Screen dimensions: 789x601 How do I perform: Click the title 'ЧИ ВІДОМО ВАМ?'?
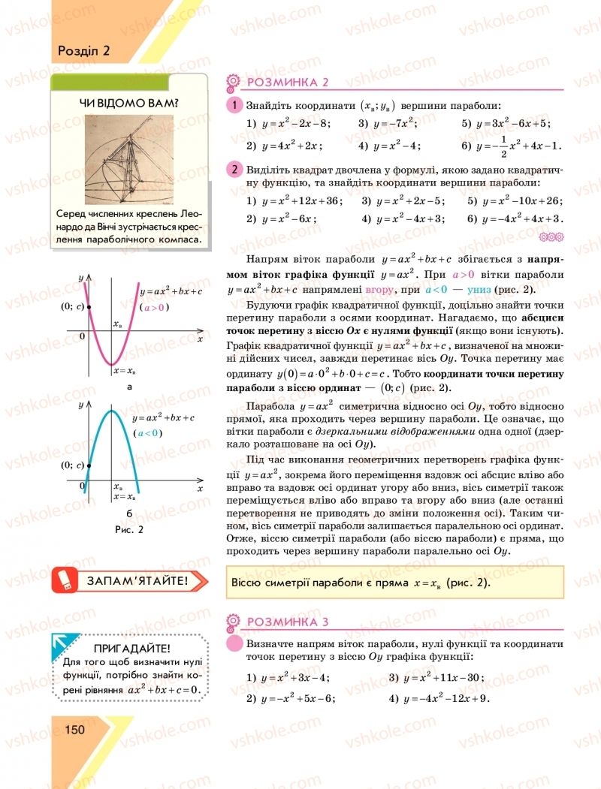pyautogui.click(x=129, y=103)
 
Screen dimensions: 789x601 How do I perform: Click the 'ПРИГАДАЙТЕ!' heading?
pyautogui.click(x=134, y=648)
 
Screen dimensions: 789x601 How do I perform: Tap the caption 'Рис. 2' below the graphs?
pyautogui.click(x=129, y=529)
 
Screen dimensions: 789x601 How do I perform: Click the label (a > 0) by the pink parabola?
pyautogui.click(x=155, y=307)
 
